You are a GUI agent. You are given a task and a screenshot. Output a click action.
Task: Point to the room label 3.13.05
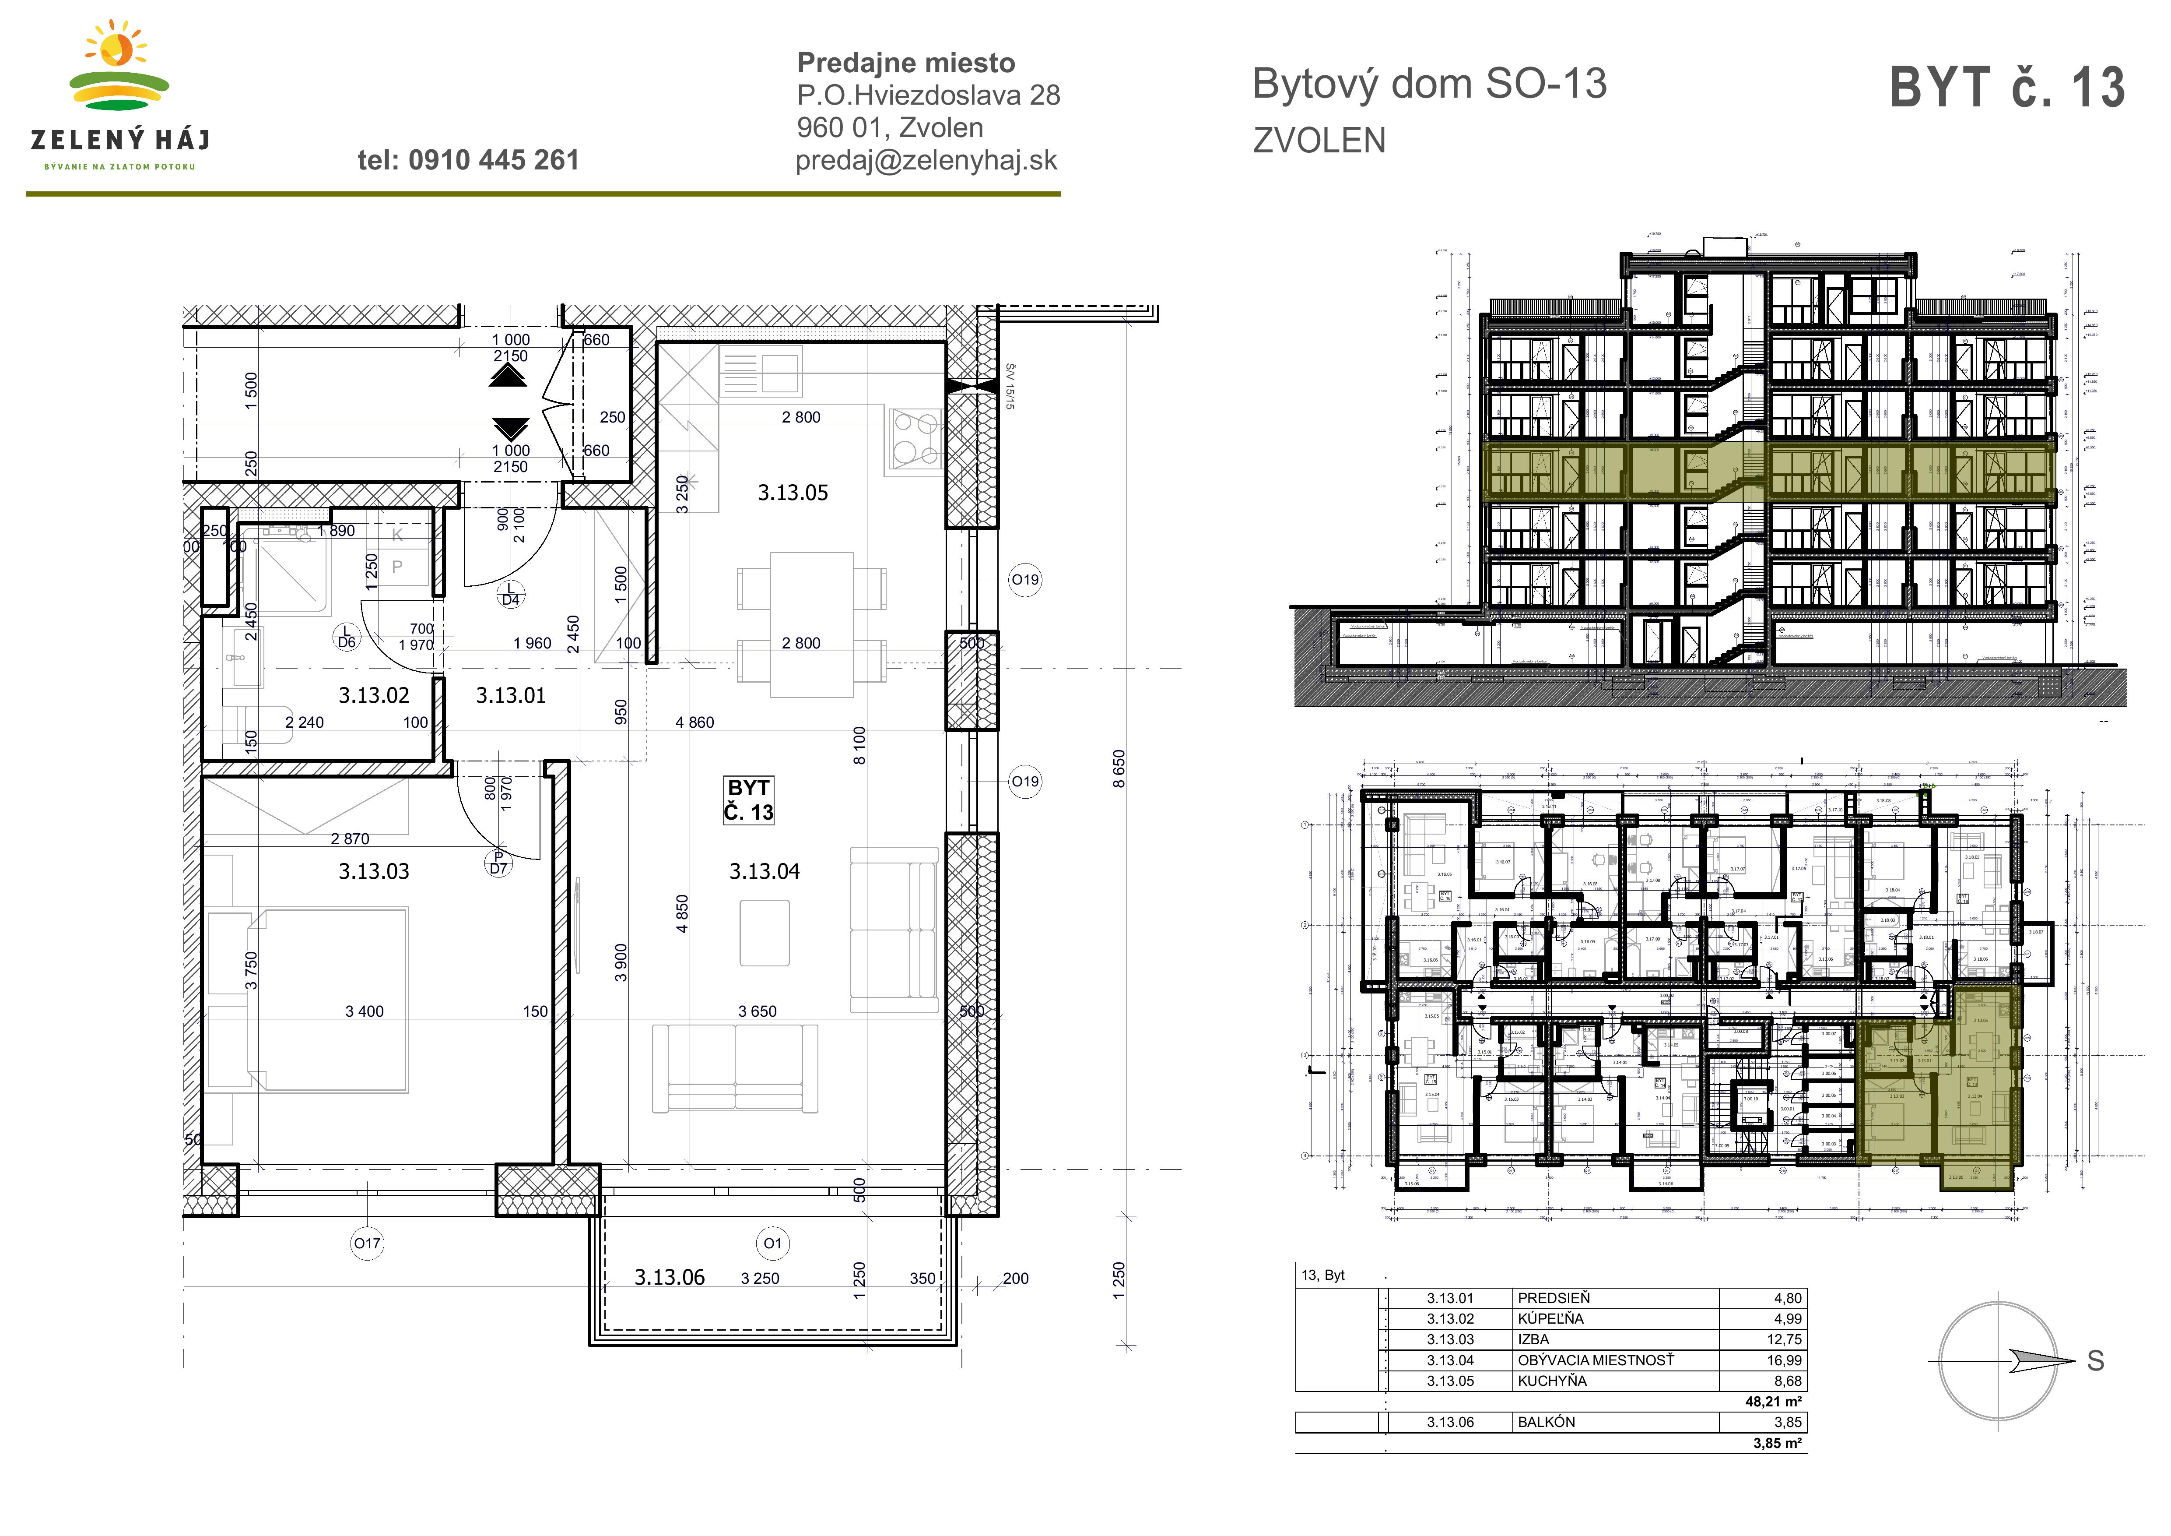(793, 493)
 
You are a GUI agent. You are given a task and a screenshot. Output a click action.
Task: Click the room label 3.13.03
(373, 871)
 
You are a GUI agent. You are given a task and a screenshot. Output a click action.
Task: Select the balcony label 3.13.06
(670, 1278)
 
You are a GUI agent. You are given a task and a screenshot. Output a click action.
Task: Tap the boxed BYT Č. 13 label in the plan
(748, 800)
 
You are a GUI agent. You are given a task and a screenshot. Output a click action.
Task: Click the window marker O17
(367, 1244)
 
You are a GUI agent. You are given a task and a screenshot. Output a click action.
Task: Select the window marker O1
(772, 1244)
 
